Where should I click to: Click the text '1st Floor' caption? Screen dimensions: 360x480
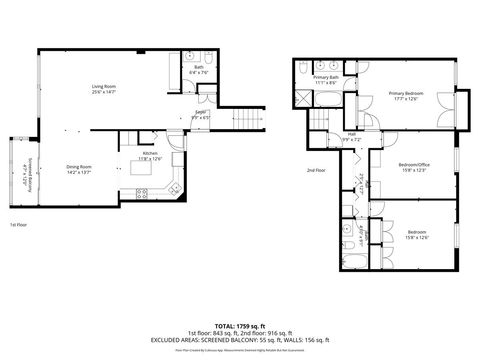pos(19,226)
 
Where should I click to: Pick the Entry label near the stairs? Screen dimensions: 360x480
pos(200,113)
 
